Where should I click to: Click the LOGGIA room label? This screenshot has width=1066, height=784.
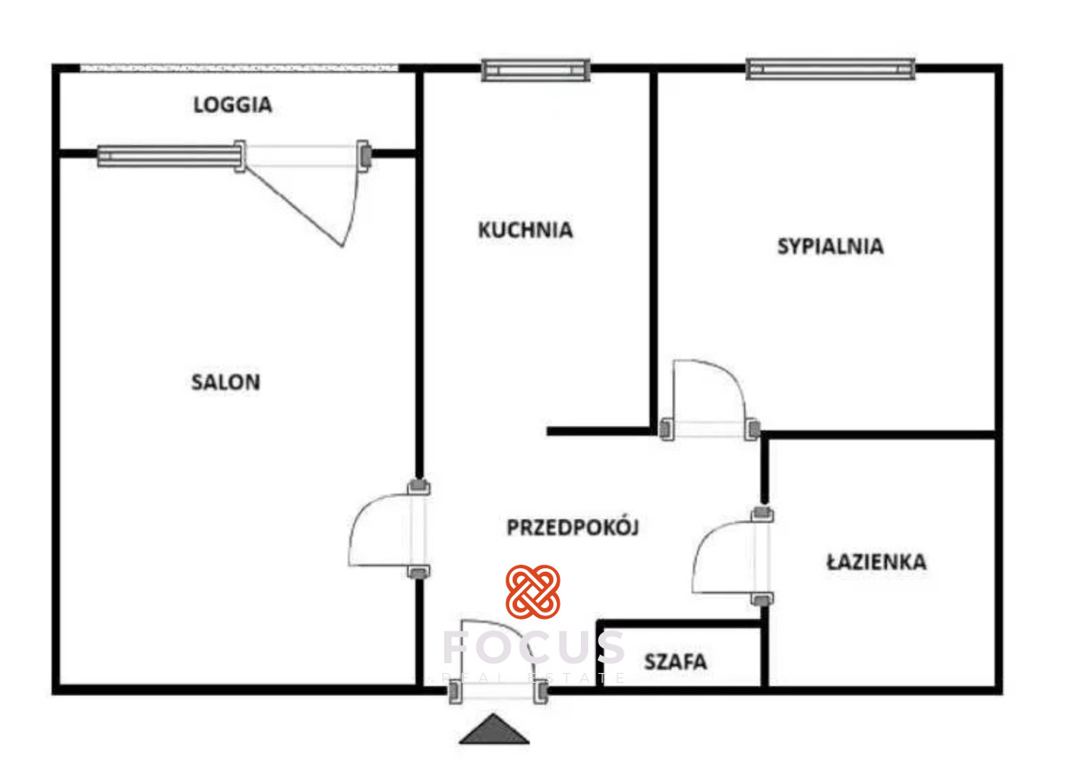click(233, 105)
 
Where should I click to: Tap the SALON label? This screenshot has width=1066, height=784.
click(226, 383)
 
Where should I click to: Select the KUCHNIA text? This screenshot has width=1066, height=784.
click(525, 230)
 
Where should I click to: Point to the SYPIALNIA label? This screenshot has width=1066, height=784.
click(831, 246)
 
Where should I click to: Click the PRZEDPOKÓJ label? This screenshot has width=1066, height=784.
click(573, 527)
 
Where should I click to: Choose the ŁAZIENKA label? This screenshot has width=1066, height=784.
click(876, 562)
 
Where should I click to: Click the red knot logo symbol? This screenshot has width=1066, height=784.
click(533, 591)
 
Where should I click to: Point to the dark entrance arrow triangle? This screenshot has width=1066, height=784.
click(495, 730)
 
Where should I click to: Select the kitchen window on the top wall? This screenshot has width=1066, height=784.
click(536, 69)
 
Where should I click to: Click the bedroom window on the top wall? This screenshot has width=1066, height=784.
click(831, 68)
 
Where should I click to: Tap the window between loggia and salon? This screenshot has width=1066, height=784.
click(169, 156)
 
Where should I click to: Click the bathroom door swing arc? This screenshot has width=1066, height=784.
click(724, 558)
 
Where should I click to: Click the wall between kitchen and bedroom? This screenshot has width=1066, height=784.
click(654, 249)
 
